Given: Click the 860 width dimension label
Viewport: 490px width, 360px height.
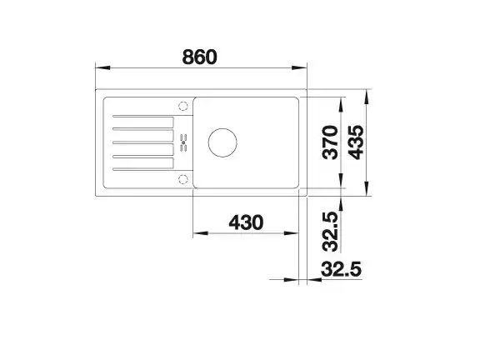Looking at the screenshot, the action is [199, 57].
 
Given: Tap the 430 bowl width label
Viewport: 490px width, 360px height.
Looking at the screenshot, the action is [247, 222].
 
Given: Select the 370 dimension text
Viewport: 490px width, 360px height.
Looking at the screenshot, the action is [330, 142].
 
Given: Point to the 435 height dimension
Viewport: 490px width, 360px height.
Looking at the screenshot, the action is [357, 142].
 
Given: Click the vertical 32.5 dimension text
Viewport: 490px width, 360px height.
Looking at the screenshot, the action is [330, 232].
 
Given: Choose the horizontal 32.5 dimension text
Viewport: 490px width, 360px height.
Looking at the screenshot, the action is [341, 269].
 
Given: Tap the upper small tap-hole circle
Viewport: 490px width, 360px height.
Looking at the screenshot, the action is [183, 107].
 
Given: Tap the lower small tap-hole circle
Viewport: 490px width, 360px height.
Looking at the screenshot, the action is [183, 179].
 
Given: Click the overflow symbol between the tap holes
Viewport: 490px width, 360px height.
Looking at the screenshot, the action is [183, 142].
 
